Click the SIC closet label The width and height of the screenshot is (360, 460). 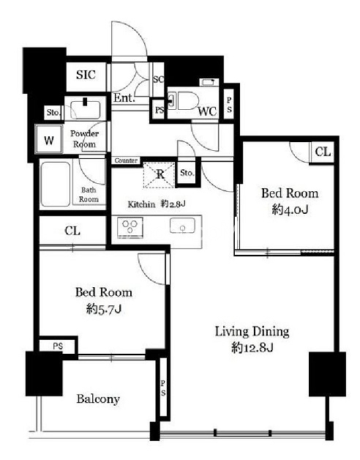[x=86, y=75]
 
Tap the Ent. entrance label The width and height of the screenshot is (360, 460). [x=124, y=97]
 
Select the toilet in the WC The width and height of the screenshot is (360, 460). [x=182, y=100]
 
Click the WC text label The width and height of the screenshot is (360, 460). [x=207, y=111]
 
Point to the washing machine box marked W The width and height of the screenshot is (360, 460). [x=49, y=140]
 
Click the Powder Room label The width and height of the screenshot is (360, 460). [x=84, y=138]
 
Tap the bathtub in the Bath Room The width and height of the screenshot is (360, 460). [x=56, y=184]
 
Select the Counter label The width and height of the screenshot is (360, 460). [x=126, y=160]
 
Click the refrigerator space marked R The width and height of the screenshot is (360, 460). [x=160, y=174]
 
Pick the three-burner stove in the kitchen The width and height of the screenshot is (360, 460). [x=130, y=227]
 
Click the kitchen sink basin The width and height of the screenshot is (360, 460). [x=182, y=226]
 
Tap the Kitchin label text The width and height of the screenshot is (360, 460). [x=141, y=204]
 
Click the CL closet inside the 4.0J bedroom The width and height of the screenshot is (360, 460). [x=323, y=152]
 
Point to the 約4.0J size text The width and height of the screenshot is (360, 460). [x=290, y=209]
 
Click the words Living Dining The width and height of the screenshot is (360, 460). [x=252, y=332]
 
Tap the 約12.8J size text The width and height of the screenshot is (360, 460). [x=252, y=348]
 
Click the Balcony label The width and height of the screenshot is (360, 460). [x=98, y=399]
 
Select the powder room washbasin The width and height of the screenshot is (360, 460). [x=86, y=108]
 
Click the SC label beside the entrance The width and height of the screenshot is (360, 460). [x=159, y=79]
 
